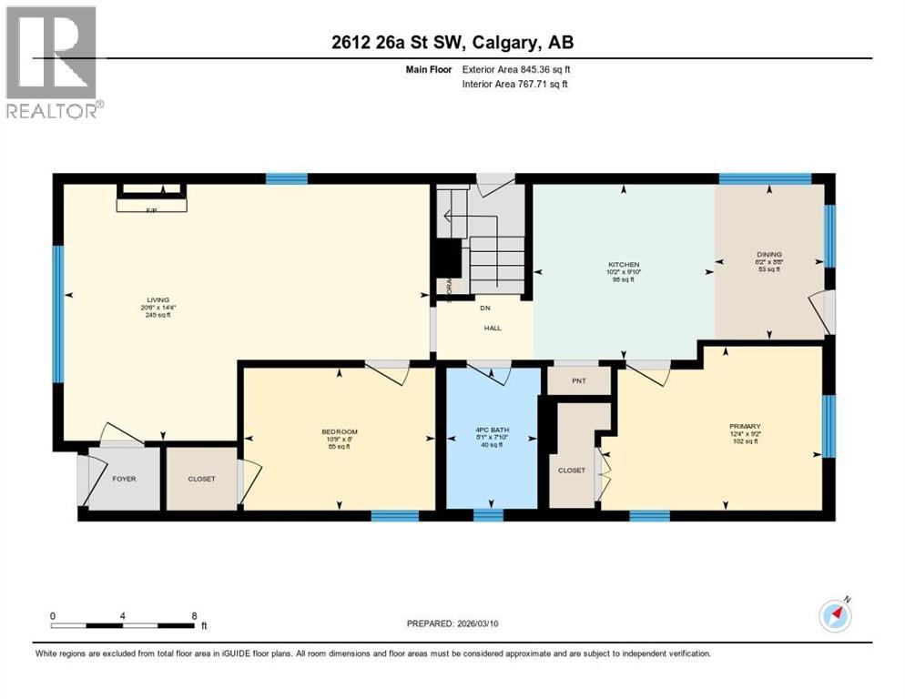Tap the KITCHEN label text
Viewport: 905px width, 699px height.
pyautogui.click(x=625, y=263)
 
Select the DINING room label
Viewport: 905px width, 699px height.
pyautogui.click(x=769, y=255)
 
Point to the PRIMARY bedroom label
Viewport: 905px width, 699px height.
pyautogui.click(x=744, y=426)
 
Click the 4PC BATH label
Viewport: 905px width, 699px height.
pyautogui.click(x=489, y=431)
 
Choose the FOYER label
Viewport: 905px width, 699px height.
pyautogui.click(x=124, y=479)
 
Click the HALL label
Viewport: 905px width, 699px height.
pyautogui.click(x=493, y=329)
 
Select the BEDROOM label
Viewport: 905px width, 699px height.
pyautogui.click(x=340, y=431)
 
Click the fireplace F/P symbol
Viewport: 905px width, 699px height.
pyautogui.click(x=151, y=210)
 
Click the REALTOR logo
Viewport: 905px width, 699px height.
pyautogui.click(x=52, y=62)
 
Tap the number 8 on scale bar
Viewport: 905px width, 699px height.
pyautogui.click(x=195, y=615)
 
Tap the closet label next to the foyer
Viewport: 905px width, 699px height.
pyautogui.click(x=202, y=479)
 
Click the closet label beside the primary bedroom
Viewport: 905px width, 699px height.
pyautogui.click(x=572, y=471)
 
